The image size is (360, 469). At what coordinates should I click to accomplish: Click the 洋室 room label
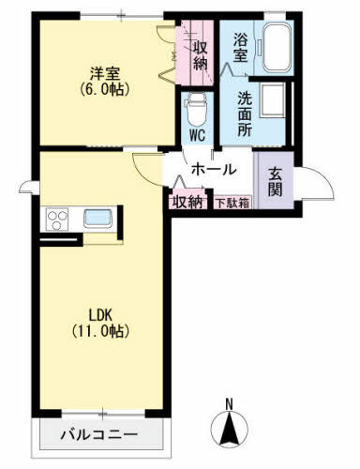click(x=104, y=72)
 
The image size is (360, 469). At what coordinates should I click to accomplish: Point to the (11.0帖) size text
click(x=103, y=332)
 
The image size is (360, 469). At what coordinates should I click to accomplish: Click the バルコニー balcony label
click(x=99, y=435)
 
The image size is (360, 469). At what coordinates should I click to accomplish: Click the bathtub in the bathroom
click(x=277, y=50)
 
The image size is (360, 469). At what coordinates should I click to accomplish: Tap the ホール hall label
click(x=213, y=171)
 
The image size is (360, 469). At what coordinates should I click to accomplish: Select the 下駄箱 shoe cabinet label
click(x=233, y=203)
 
